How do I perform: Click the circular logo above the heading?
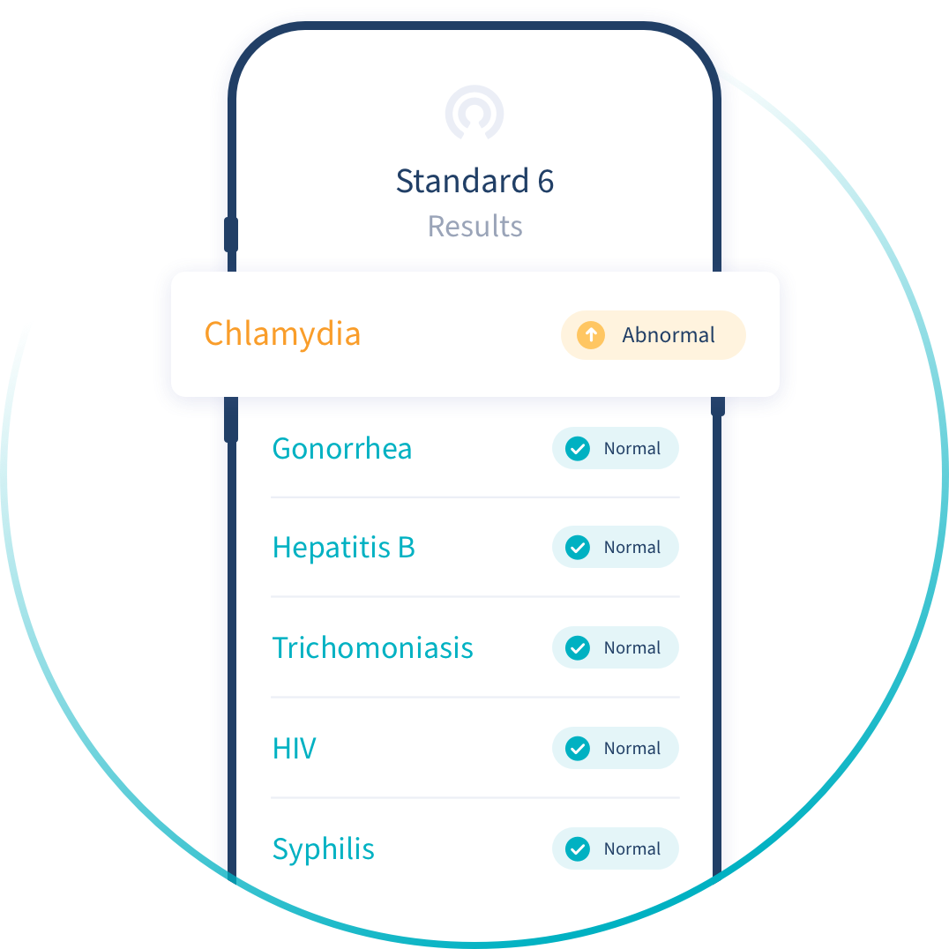[x=474, y=113]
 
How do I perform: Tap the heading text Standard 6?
[x=474, y=181]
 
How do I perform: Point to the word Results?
[x=474, y=227]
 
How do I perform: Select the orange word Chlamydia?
[x=282, y=334]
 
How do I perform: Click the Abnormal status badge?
[x=654, y=335]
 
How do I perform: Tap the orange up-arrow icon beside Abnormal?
[x=590, y=335]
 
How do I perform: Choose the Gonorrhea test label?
[x=341, y=449]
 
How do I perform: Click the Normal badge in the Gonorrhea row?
[x=616, y=449]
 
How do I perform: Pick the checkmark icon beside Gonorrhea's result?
[x=578, y=449]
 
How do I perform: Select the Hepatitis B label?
[x=343, y=548]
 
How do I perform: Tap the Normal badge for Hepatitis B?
[x=616, y=548]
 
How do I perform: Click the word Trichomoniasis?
[x=372, y=648]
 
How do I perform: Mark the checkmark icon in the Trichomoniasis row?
[x=578, y=648]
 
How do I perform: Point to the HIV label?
[x=294, y=749]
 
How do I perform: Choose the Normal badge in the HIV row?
[x=616, y=749]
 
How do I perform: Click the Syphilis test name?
[x=323, y=849]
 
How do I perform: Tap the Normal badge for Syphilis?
[x=616, y=849]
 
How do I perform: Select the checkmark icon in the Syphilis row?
[x=578, y=849]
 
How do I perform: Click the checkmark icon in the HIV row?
[x=578, y=749]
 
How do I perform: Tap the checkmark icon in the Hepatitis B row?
[x=578, y=548]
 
